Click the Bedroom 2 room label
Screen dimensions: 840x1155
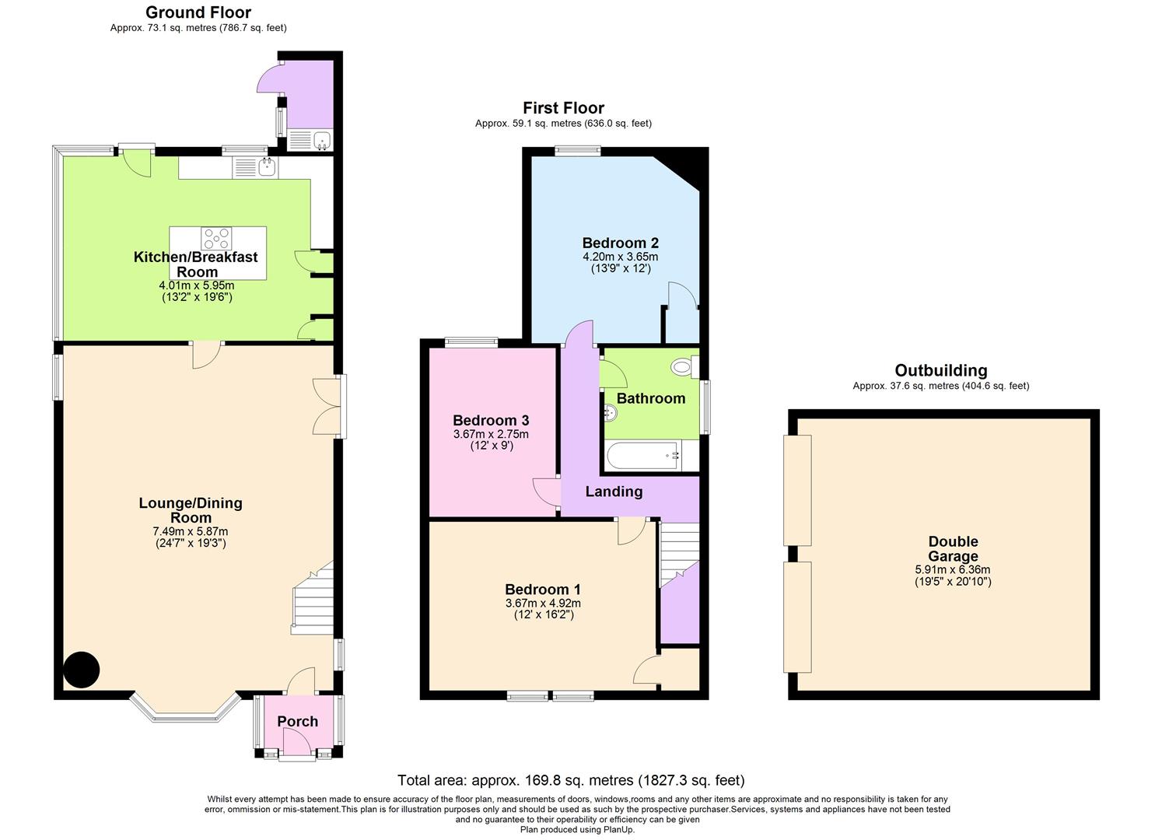620,243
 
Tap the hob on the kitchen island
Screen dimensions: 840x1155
216,236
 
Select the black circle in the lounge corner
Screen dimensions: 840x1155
81,669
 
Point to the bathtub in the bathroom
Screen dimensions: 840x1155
643,455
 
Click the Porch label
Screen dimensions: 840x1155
297,722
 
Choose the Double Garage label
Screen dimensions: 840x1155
953,549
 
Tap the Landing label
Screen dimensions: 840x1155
614,492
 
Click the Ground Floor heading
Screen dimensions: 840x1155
198,12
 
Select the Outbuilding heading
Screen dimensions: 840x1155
940,370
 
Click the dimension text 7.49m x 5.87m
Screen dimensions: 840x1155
191,531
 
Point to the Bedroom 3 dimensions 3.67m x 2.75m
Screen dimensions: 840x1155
491,434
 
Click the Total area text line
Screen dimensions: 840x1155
571,780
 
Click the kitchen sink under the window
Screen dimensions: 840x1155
266,166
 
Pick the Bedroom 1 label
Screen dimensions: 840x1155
542,590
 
